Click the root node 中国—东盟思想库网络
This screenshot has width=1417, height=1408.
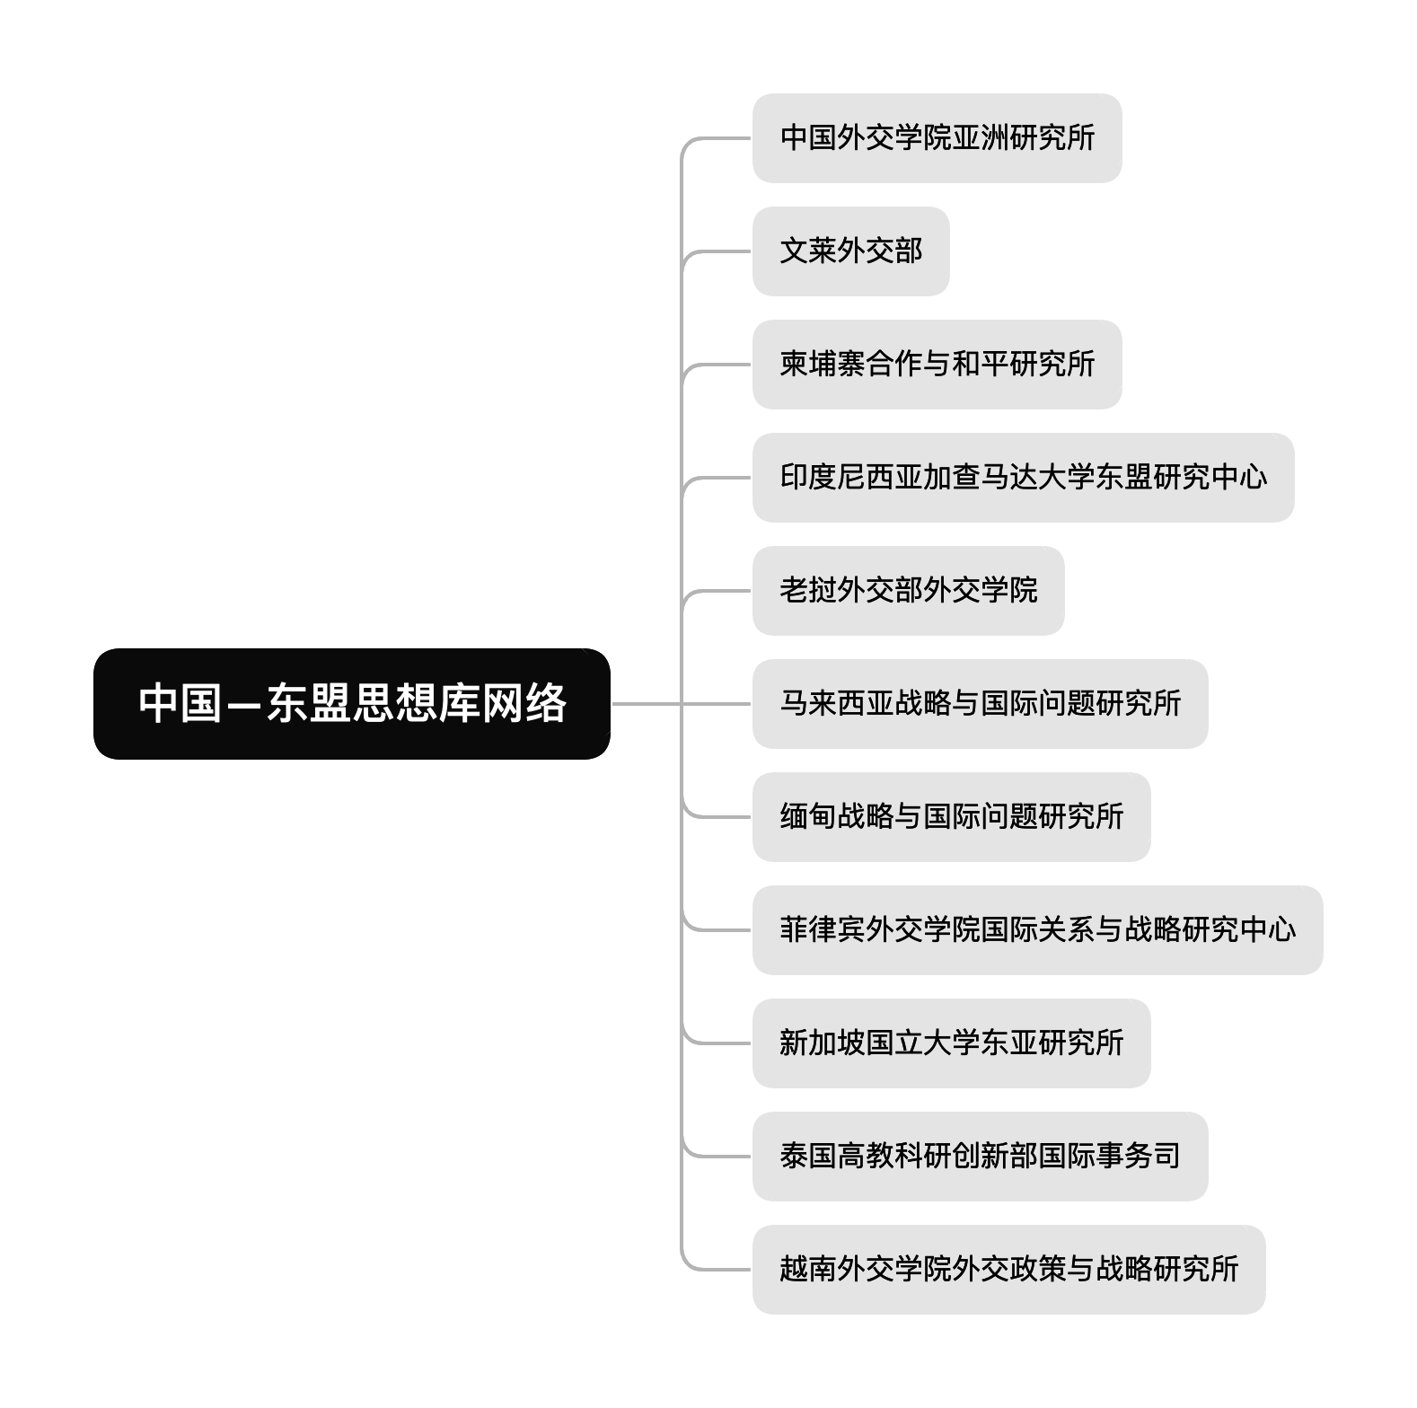coord(351,703)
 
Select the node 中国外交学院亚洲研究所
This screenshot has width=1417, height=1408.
coord(937,138)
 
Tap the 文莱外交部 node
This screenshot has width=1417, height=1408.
coord(850,251)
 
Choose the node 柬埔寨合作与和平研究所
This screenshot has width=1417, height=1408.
coord(937,365)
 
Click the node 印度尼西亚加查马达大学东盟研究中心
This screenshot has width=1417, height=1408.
coord(1023,478)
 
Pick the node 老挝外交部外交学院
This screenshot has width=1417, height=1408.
coord(908,591)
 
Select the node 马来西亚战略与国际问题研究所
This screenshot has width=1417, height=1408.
coord(980,704)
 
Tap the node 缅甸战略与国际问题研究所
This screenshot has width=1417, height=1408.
coord(951,817)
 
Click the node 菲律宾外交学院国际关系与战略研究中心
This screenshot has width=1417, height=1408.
coord(1037,930)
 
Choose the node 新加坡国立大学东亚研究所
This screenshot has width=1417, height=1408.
coord(951,1043)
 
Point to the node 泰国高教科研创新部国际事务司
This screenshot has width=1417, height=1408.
coord(980,1157)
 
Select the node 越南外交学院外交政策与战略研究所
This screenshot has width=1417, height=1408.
coord(1008,1270)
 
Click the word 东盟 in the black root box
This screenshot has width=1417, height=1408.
coord(308,703)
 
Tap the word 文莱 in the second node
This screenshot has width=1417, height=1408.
coord(808,251)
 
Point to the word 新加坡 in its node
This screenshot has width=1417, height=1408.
coord(823,1043)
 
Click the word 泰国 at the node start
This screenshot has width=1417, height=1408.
coord(808,1157)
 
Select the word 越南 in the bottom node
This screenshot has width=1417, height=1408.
coord(808,1270)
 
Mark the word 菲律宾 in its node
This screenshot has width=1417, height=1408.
coord(823,930)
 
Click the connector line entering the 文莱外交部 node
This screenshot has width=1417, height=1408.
coord(718,251)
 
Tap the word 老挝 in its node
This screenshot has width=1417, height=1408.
coord(808,591)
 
